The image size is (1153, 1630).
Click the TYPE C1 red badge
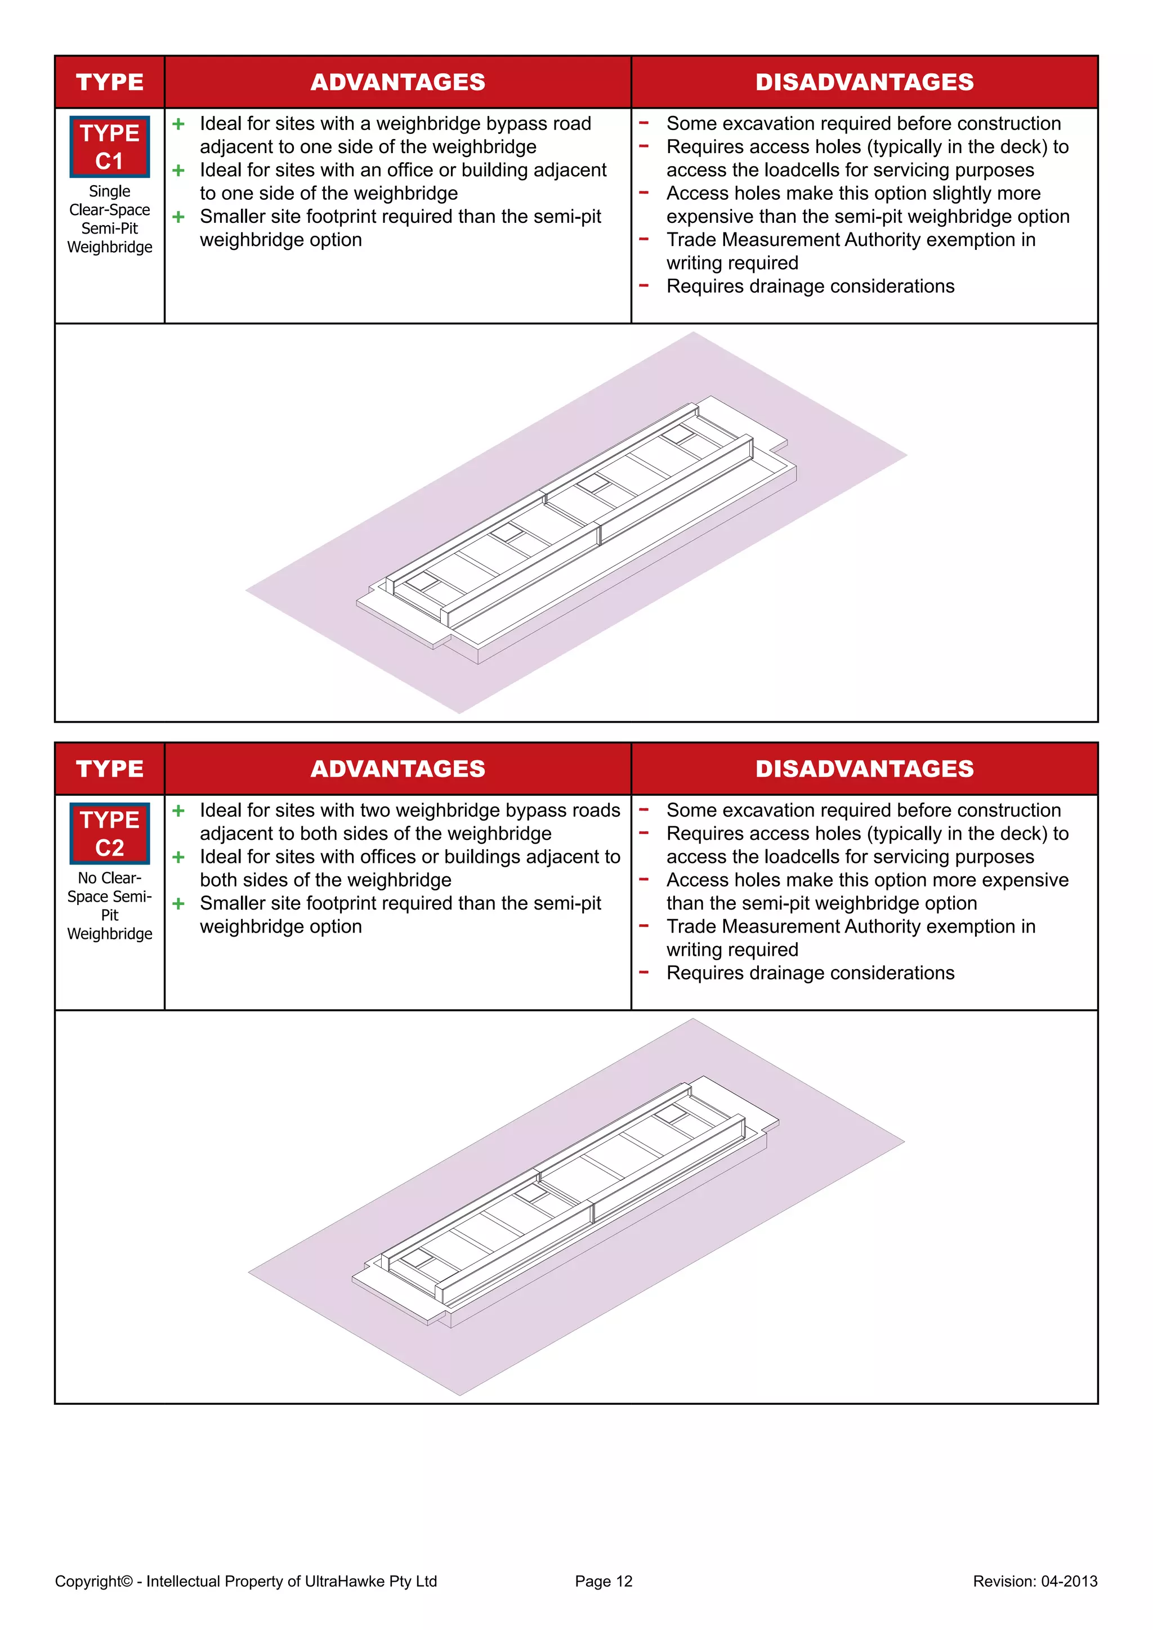point(109,147)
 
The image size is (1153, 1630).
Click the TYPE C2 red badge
point(109,834)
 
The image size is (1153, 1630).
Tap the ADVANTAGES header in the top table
point(397,82)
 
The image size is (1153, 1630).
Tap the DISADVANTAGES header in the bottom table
point(864,769)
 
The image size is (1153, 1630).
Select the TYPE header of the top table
point(109,82)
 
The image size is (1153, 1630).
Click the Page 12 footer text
point(604,1581)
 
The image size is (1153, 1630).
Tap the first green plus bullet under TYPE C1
point(178,124)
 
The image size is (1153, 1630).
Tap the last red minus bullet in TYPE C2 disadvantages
point(644,972)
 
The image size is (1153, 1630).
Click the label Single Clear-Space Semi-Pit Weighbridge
point(109,220)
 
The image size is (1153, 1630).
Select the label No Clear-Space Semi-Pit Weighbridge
point(109,906)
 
